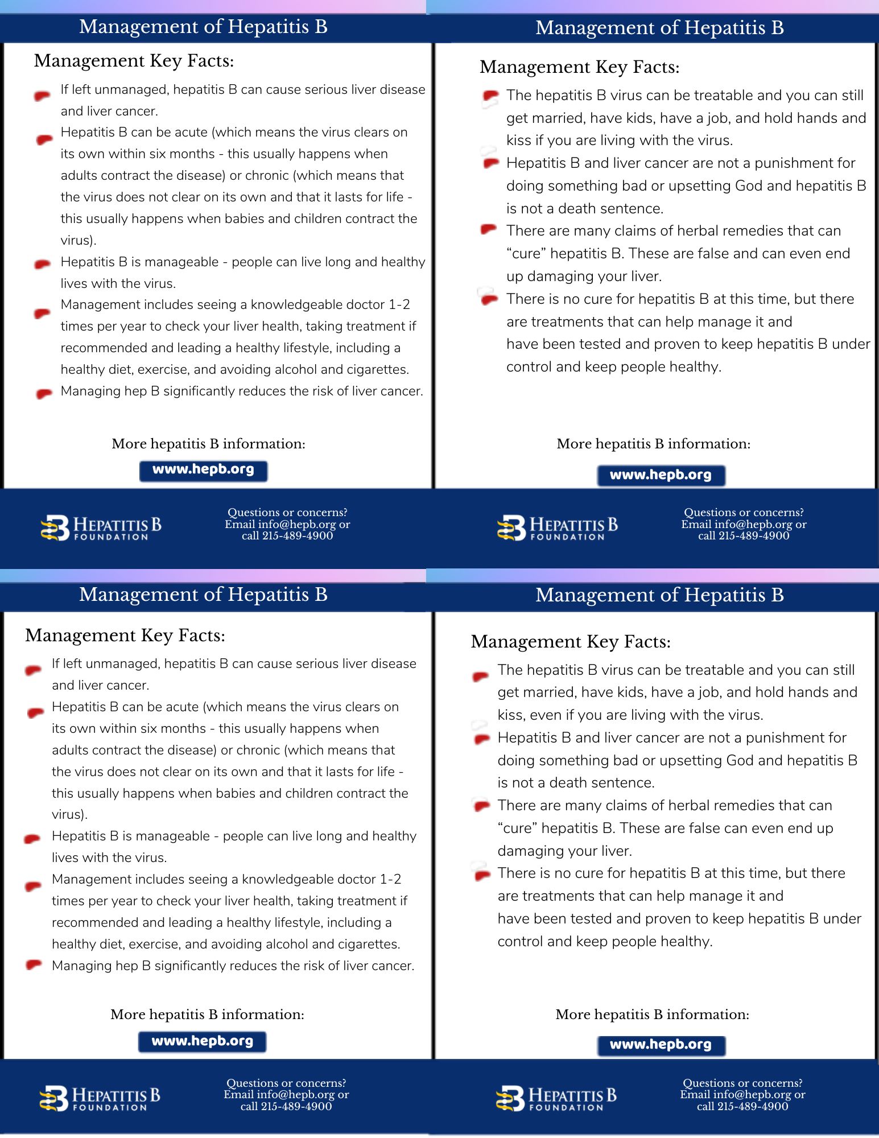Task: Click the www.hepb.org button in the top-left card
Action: (203, 471)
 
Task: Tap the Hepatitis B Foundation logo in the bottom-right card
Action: (556, 1098)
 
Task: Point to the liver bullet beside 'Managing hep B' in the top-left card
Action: (44, 393)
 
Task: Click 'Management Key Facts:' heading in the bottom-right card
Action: (571, 641)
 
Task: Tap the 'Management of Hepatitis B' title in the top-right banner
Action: (659, 27)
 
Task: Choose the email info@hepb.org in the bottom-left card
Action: (296, 1094)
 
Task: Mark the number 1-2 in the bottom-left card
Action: (390, 879)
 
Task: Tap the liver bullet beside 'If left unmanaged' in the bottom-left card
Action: (34, 670)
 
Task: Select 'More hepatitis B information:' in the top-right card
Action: (653, 444)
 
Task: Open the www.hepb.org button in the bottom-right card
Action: (661, 1045)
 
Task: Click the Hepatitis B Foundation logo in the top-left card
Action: (101, 527)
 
